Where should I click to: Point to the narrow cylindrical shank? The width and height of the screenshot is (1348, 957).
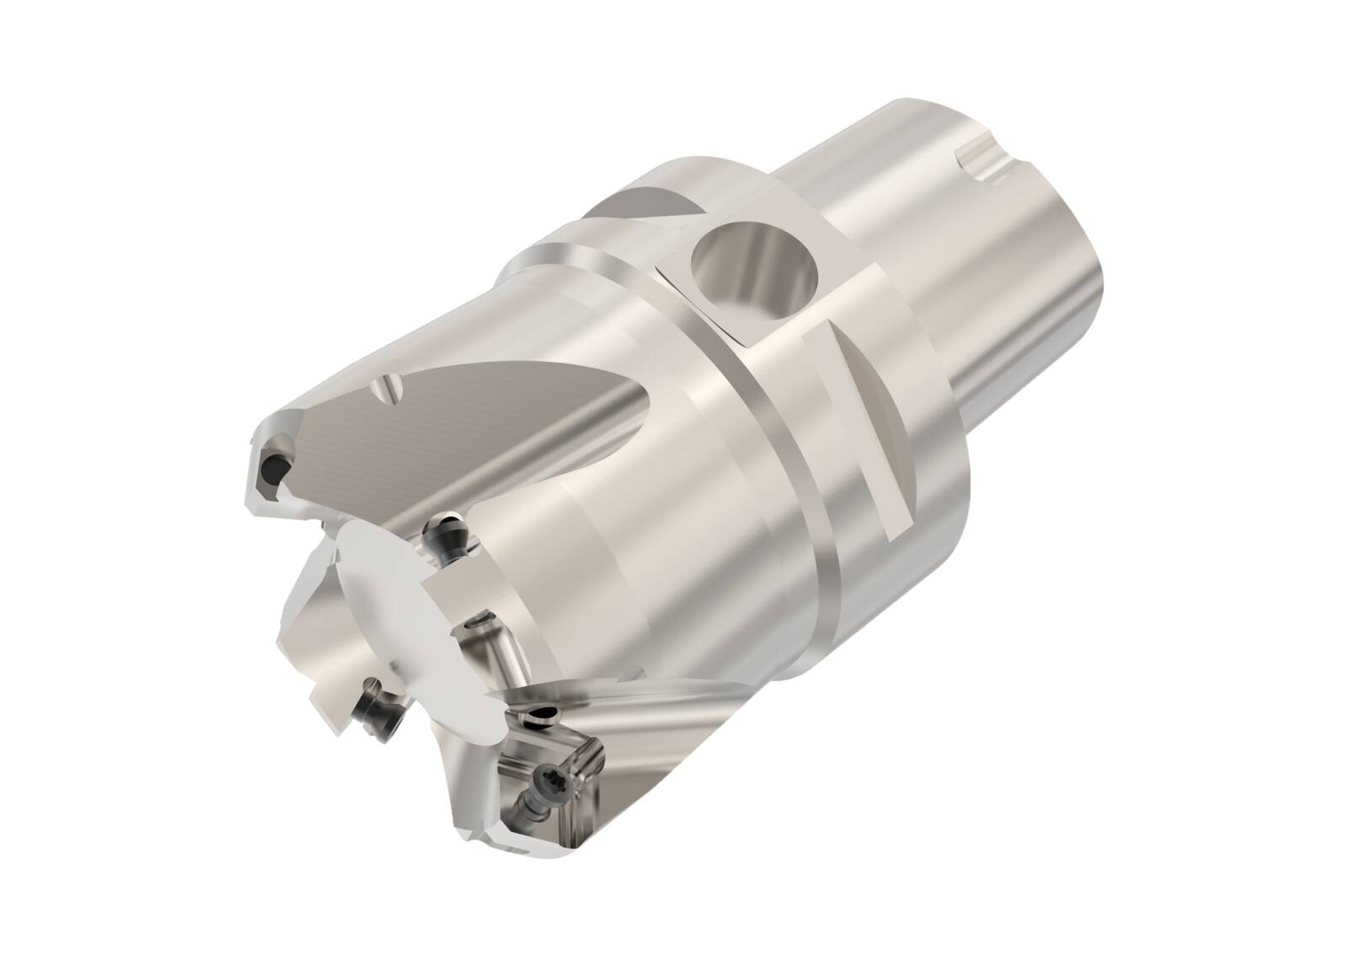(944, 253)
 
